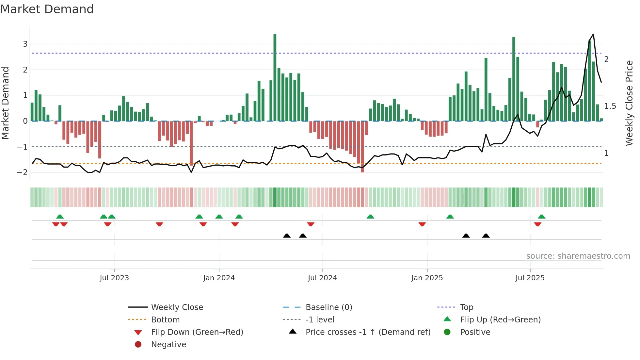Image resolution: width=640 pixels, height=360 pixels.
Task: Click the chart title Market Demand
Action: click(x=47, y=9)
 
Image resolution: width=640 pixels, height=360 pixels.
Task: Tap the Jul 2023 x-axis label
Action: click(x=114, y=278)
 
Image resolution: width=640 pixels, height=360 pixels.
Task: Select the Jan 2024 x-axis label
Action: click(x=219, y=278)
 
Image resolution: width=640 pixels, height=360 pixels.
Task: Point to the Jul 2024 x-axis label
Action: click(x=322, y=278)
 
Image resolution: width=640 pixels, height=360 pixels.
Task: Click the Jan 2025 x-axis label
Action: click(x=427, y=278)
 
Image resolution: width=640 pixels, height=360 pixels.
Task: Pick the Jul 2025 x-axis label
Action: click(x=530, y=278)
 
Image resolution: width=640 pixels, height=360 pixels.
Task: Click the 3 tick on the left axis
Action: click(x=25, y=44)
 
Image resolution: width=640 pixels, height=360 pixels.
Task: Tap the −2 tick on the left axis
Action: click(x=23, y=172)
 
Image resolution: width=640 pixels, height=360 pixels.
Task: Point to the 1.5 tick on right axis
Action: click(x=610, y=106)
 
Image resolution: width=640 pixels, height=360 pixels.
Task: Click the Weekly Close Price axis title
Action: click(x=629, y=103)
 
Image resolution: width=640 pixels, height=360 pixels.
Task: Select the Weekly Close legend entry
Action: click(x=177, y=307)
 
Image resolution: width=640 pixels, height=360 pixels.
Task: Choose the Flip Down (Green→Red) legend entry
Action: click(x=197, y=332)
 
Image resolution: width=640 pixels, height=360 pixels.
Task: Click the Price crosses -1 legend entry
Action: click(x=368, y=332)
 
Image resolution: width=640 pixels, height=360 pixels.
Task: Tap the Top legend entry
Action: click(x=467, y=307)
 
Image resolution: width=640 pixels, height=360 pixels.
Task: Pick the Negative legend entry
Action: click(x=168, y=345)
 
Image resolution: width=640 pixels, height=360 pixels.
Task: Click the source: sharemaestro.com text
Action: click(x=578, y=256)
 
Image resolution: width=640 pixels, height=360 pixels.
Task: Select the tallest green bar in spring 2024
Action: click(x=275, y=77)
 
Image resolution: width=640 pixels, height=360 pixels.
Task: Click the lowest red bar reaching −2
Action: click(x=362, y=147)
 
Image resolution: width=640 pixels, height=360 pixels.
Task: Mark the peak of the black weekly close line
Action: click(x=593, y=34)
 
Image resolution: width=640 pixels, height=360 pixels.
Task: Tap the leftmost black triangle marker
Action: click(x=287, y=236)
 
